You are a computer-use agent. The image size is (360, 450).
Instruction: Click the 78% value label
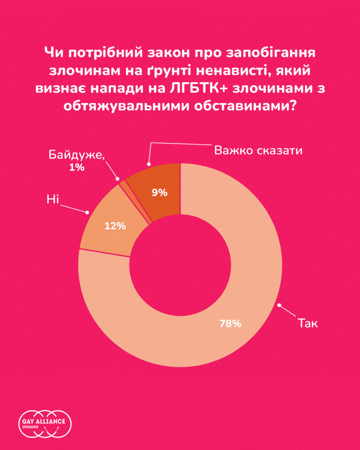(x=230, y=323)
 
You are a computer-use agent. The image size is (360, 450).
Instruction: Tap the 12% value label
(x=115, y=226)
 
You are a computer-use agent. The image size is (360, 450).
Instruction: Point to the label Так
(x=307, y=323)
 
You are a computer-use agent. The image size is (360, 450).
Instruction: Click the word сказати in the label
(x=280, y=150)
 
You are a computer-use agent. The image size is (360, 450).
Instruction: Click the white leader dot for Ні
(x=87, y=212)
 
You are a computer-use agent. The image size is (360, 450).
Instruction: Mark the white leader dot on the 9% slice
(x=149, y=165)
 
